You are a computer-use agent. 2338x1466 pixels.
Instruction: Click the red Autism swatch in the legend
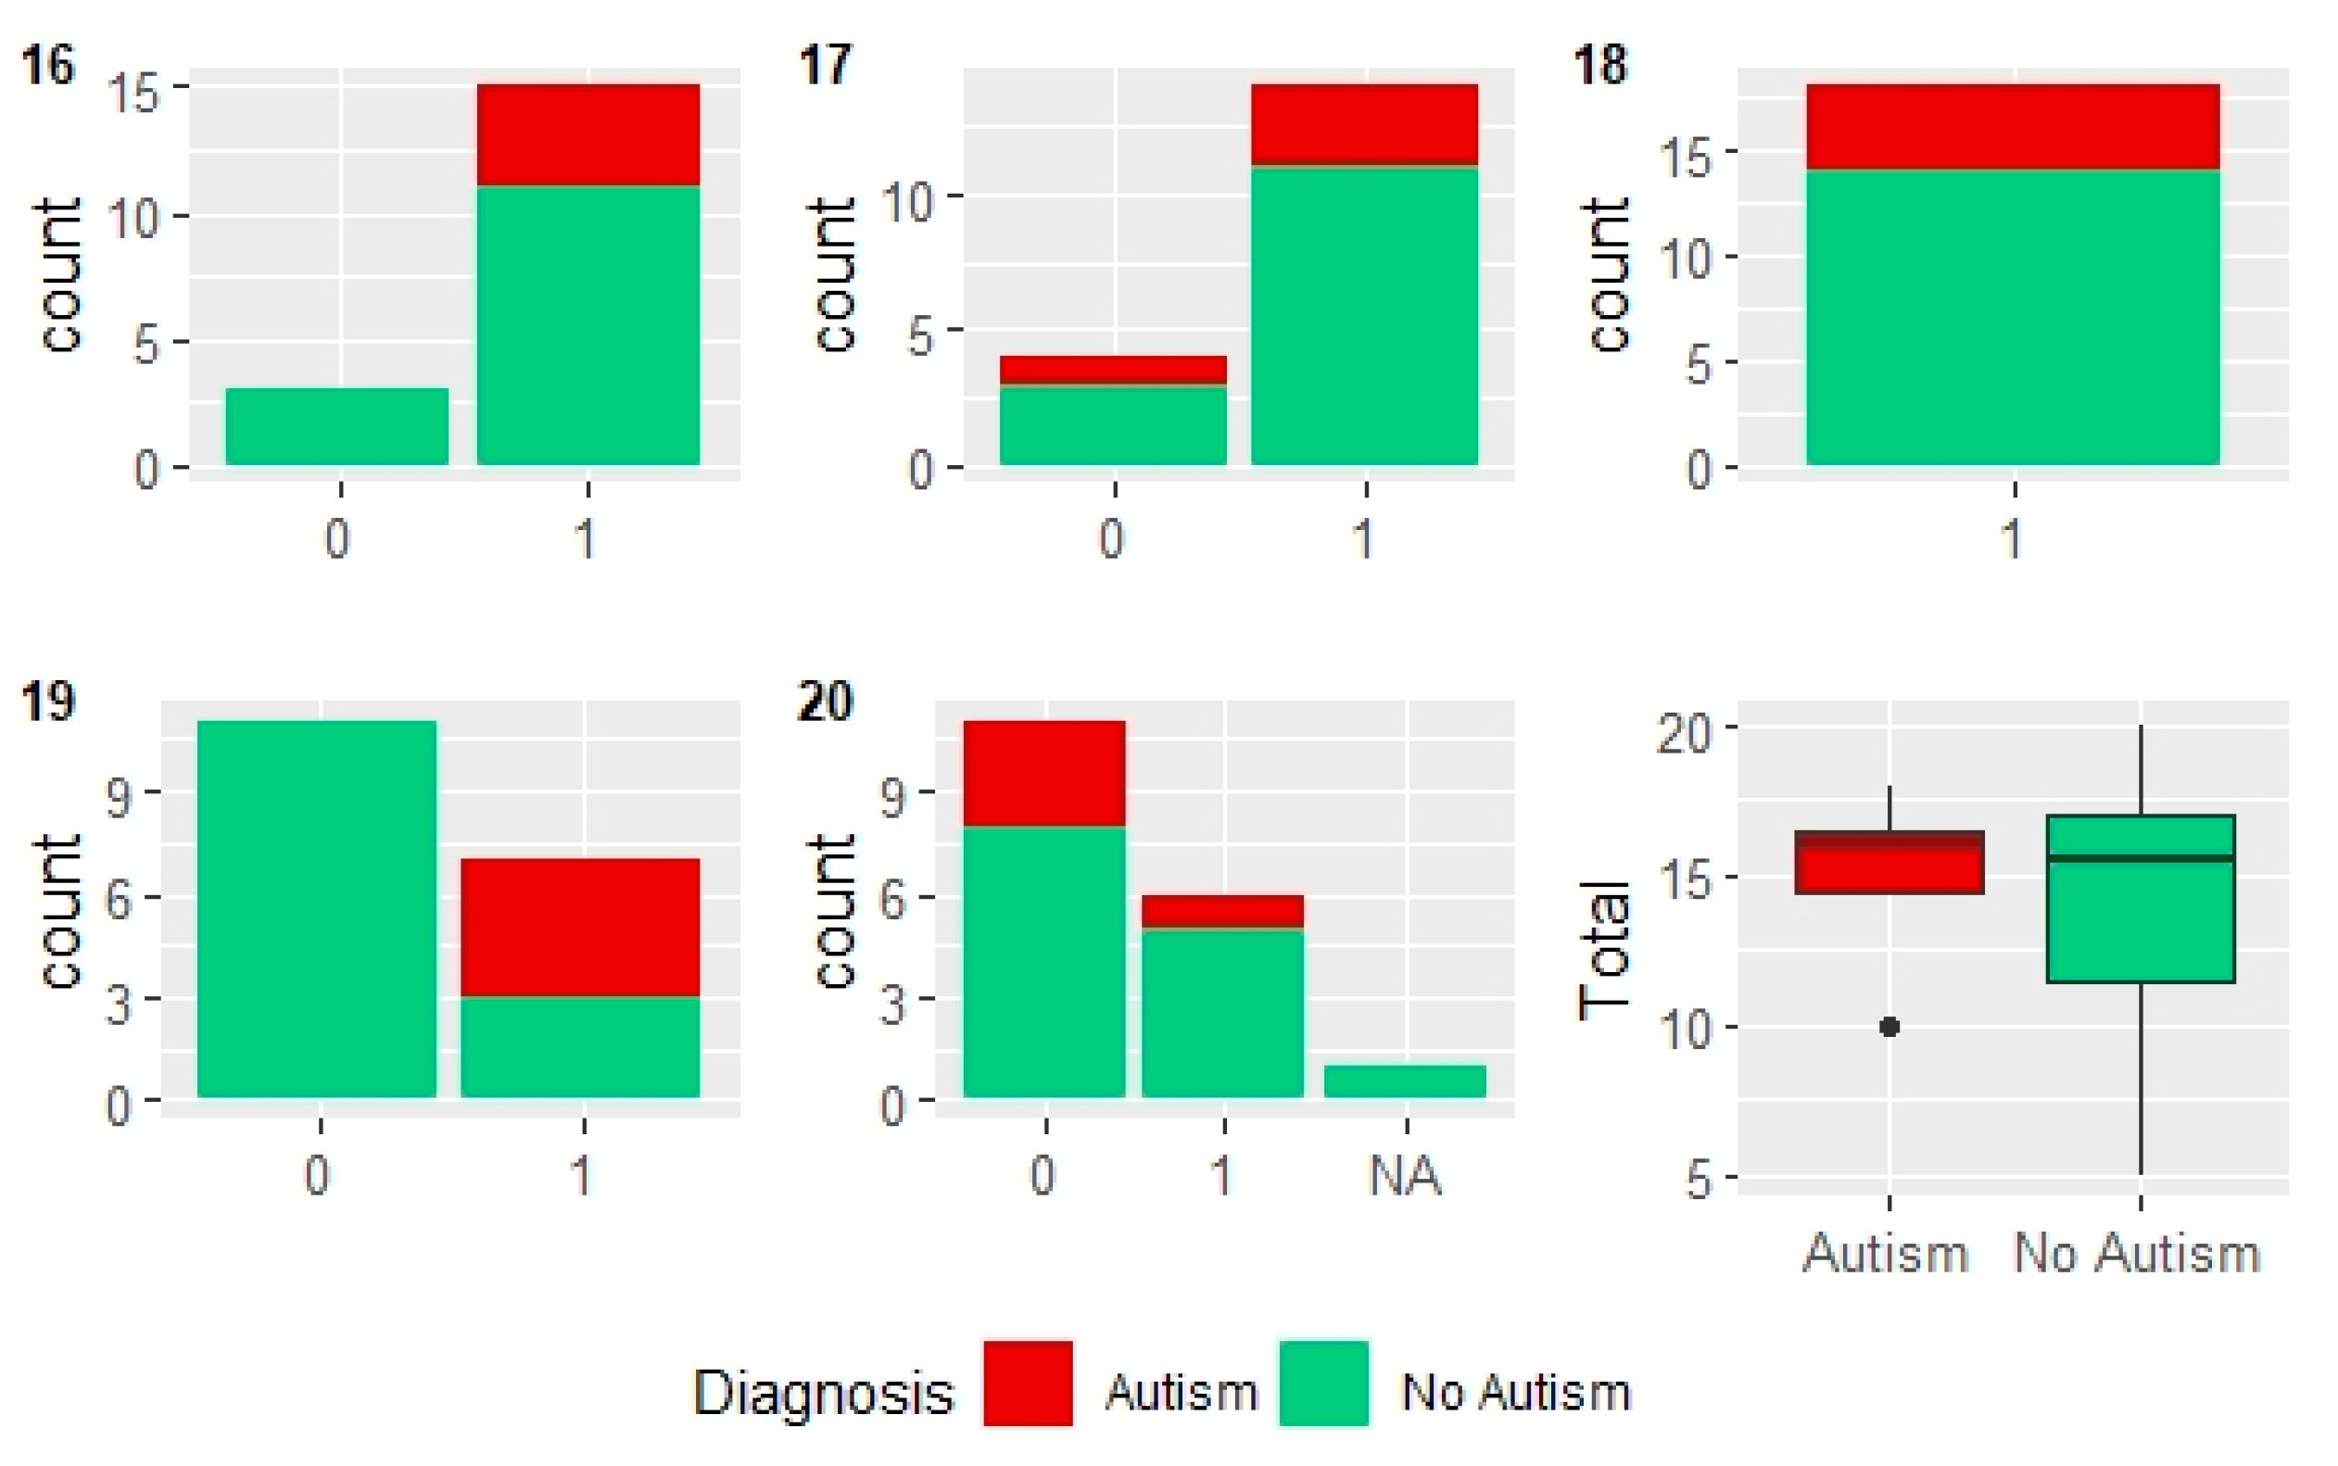pyautogui.click(x=1028, y=1383)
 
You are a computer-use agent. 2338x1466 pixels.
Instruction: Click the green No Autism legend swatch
pyautogui.click(x=1323, y=1383)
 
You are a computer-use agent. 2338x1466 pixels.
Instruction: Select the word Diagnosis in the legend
pyautogui.click(x=823, y=1394)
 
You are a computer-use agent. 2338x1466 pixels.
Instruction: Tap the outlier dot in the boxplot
pyautogui.click(x=1889, y=1027)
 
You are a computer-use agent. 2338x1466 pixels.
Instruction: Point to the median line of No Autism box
pyautogui.click(x=2141, y=858)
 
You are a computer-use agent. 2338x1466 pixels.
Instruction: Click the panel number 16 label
pyautogui.click(x=46, y=66)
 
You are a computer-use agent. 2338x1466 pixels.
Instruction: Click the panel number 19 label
pyautogui.click(x=46, y=700)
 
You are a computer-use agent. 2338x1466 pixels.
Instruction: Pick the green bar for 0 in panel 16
pyautogui.click(x=337, y=426)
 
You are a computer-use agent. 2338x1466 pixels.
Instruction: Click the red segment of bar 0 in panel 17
pyautogui.click(x=1113, y=370)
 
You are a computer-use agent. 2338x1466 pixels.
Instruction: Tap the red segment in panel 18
pyautogui.click(x=2013, y=126)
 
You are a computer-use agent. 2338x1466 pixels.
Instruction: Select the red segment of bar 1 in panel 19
pyautogui.click(x=580, y=927)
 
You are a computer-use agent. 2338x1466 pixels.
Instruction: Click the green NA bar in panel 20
pyautogui.click(x=1405, y=1081)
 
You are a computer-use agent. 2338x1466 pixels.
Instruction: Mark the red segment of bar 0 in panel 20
pyautogui.click(x=1044, y=773)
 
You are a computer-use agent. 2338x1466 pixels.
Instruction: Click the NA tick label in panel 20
pyautogui.click(x=1405, y=1175)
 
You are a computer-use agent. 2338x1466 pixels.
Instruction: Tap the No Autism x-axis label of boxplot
pyautogui.click(x=2137, y=1253)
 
